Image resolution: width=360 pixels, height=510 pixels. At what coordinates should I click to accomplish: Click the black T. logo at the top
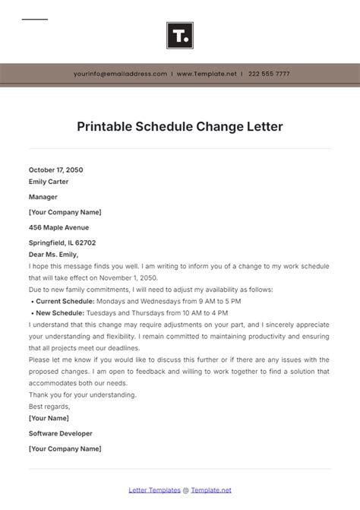click(x=179, y=35)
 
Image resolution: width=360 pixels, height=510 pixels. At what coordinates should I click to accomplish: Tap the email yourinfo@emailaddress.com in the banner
click(x=120, y=74)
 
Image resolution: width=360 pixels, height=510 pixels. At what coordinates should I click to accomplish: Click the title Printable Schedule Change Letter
click(x=180, y=127)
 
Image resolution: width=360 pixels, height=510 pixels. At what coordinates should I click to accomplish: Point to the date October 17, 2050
click(x=56, y=169)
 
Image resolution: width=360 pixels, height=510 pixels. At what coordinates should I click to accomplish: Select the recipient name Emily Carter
click(x=49, y=182)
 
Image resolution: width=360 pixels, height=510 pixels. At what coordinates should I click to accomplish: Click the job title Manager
click(x=43, y=197)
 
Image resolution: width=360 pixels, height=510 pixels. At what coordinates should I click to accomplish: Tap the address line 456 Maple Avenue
click(x=58, y=227)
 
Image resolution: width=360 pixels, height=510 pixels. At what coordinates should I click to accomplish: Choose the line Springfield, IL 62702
click(x=62, y=242)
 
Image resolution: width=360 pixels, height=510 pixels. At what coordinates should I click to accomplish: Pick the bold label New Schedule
click(x=60, y=313)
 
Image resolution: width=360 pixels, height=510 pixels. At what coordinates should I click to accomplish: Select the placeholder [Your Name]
click(x=49, y=418)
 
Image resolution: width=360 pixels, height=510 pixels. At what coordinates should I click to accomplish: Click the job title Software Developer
click(x=61, y=433)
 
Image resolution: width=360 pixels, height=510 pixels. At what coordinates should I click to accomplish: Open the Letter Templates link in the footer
click(x=154, y=490)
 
